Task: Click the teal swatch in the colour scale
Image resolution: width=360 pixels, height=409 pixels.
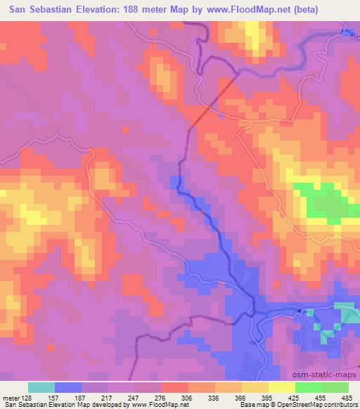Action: (41, 387)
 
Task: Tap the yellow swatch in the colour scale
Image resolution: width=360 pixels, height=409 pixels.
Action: (281, 387)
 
